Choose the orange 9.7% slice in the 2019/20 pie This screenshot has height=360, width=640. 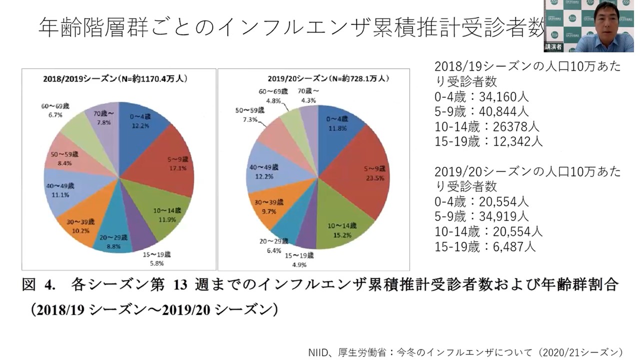coord(267,207)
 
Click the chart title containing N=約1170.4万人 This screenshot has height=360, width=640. coord(119,78)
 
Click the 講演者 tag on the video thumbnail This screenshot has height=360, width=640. coord(552,47)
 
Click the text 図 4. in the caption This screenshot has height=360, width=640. coord(38,285)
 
